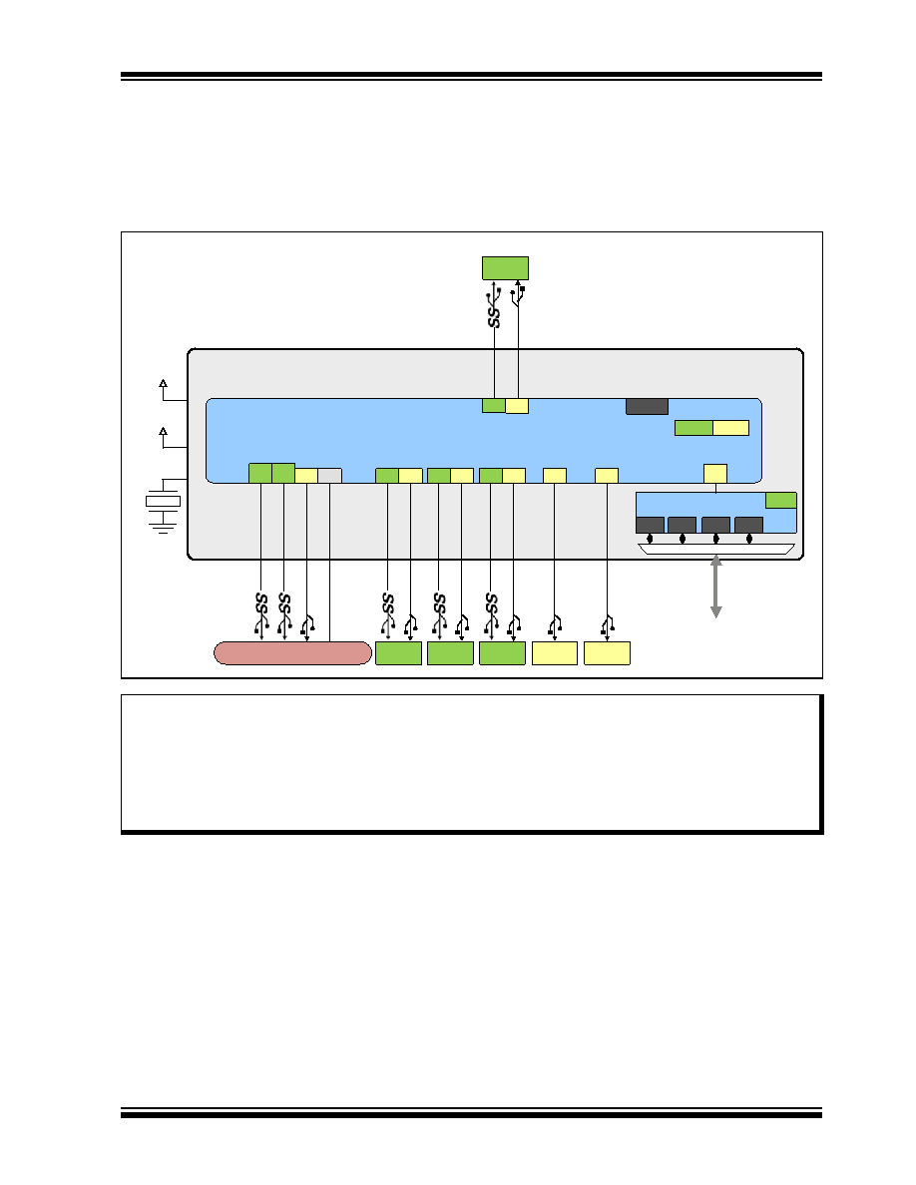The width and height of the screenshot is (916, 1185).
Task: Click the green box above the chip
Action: pos(505,268)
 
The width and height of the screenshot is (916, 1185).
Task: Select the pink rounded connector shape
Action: pos(292,653)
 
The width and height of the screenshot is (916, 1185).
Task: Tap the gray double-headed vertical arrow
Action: pos(715,588)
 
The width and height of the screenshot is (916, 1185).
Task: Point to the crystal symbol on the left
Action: pos(163,501)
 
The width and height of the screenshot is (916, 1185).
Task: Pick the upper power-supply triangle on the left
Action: pos(163,383)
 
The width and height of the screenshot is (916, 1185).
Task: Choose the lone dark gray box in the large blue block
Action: pos(647,407)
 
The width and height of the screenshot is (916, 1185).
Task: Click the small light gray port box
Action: pos(329,476)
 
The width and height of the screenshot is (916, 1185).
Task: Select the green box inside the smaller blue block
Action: pos(780,501)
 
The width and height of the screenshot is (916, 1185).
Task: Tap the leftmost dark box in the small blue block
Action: pos(650,526)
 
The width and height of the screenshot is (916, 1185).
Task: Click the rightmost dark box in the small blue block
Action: pos(748,526)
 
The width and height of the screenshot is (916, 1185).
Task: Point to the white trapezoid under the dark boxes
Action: pos(716,549)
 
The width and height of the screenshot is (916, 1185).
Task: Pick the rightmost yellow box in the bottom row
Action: pos(607,653)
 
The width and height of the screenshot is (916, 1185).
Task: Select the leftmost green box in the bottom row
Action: pos(398,653)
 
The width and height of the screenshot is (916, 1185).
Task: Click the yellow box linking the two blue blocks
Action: pos(715,474)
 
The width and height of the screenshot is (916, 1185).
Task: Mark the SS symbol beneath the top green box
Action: pos(494,316)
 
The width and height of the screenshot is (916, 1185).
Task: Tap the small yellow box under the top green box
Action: pos(517,406)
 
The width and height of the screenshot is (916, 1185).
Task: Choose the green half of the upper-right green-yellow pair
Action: pos(693,428)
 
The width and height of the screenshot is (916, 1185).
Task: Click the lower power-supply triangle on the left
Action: pos(163,432)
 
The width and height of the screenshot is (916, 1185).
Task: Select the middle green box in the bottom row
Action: pos(450,653)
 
